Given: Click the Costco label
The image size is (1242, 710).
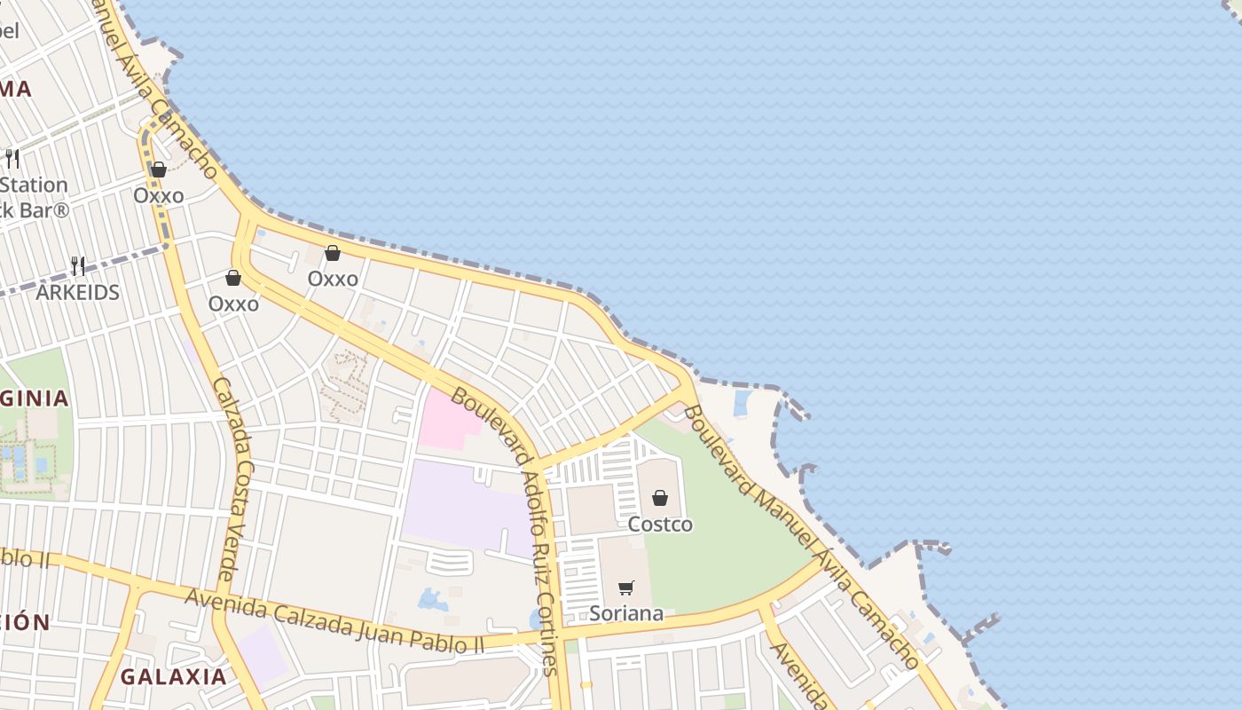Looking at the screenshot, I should pos(660,525).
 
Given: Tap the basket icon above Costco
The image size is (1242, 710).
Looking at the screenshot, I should pos(660,498).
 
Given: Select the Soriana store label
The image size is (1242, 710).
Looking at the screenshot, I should pos(626,613).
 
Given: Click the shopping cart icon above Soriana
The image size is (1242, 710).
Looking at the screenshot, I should pos(626,588).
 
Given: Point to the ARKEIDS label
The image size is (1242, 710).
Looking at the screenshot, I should pos(77,292).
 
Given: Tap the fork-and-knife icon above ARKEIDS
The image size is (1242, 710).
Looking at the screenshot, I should pos(78,265).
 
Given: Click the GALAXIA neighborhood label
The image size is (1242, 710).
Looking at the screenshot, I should pos(174,676).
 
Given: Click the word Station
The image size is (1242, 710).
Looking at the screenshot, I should pos(34,185).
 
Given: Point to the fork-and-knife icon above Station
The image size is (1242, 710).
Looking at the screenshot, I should pos(12,159).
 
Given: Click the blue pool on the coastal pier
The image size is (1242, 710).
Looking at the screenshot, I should pos(741,404).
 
